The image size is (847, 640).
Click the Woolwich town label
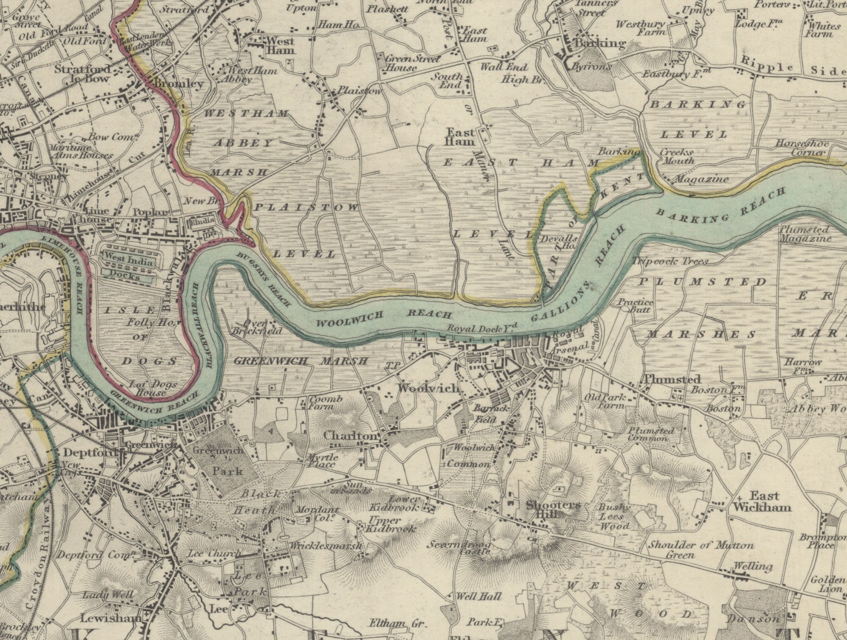pyautogui.click(x=428, y=388)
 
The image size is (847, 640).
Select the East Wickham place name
pyautogui.click(x=763, y=501)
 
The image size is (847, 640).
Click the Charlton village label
pyautogui.click(x=350, y=436)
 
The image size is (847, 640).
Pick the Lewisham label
pyautogui.click(x=111, y=618)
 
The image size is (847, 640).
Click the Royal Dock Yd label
pyautogui.click(x=477, y=329)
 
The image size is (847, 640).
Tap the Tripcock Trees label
pyautogui.click(x=670, y=261)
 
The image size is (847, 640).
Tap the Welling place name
pyautogui.click(x=753, y=566)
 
